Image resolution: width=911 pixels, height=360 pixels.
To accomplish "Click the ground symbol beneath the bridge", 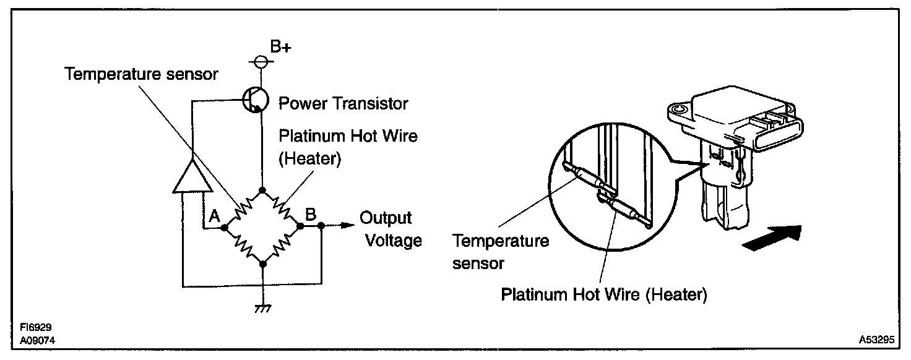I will pyautogui.click(x=263, y=308).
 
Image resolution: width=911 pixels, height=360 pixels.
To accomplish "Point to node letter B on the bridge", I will pyautogui.click(x=311, y=214).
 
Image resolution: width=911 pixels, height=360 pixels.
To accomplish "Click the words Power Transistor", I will pyautogui.click(x=343, y=103).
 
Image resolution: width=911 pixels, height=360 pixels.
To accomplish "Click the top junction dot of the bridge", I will pyautogui.click(x=262, y=189).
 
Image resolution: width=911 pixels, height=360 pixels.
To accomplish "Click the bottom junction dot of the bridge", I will pyautogui.click(x=262, y=264).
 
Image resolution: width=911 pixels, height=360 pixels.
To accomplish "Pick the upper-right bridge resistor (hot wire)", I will pyautogui.click(x=282, y=207).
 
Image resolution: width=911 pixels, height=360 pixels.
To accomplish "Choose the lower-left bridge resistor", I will pyautogui.click(x=243, y=246).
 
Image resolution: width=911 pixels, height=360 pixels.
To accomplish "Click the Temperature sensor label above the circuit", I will pyautogui.click(x=142, y=75).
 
